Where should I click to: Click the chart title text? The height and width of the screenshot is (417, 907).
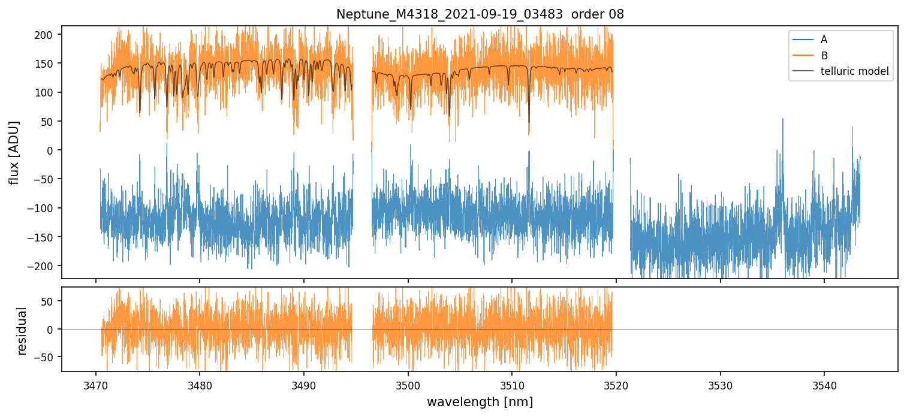point(480,14)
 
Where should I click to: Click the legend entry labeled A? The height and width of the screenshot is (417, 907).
point(824,40)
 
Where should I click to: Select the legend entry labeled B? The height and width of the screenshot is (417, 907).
point(824,56)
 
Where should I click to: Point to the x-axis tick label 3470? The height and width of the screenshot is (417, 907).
point(95,383)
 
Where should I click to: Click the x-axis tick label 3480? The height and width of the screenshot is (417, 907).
point(200,383)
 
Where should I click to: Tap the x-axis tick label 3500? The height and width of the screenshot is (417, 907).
point(408,383)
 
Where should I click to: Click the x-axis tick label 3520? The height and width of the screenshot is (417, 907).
point(616,383)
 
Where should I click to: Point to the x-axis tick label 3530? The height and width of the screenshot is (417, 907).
point(720,383)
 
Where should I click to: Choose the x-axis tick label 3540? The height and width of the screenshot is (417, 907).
point(824,383)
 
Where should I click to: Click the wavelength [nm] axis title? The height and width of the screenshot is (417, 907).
point(480,401)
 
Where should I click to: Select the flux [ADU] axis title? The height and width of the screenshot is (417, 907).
point(14,152)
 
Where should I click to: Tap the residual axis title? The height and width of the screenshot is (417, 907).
point(22,331)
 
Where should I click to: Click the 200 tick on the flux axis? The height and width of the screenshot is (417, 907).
point(46,35)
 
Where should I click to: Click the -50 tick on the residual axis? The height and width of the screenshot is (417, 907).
point(47,358)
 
